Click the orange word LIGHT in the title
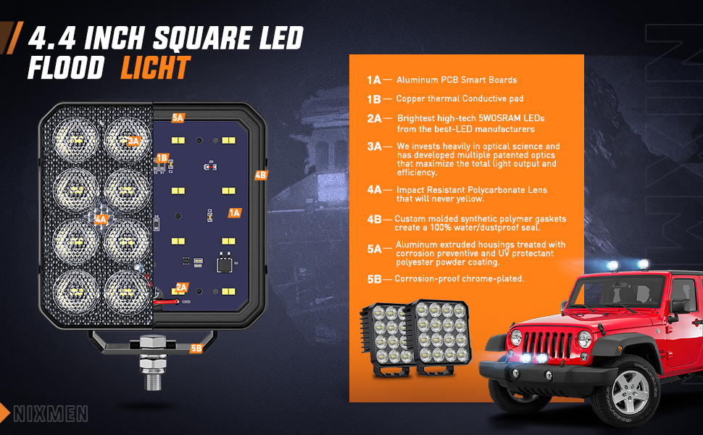[x=156, y=67]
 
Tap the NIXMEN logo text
[x=51, y=414]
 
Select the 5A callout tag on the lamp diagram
[x=178, y=118]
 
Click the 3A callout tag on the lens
[x=133, y=141]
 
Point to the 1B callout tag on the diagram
[x=162, y=158]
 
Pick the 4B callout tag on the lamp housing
[x=260, y=175]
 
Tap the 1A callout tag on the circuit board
[x=235, y=213]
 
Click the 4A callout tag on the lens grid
[x=101, y=219]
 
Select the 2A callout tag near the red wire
[x=182, y=287]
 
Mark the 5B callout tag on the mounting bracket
[x=196, y=349]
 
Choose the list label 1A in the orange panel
[x=373, y=80]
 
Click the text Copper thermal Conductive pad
[x=459, y=99]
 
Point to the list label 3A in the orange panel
[x=374, y=146]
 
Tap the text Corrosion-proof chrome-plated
[x=459, y=278]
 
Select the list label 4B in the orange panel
[x=374, y=219]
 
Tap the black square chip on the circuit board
[x=224, y=264]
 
